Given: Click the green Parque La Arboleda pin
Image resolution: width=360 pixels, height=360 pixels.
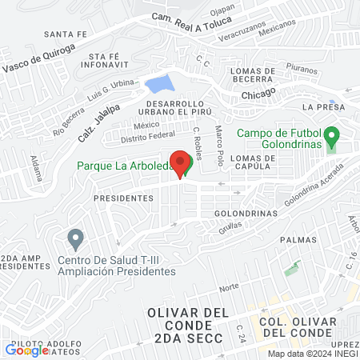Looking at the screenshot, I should [x=186, y=167].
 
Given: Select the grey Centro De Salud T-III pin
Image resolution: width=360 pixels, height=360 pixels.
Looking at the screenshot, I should [x=76, y=238].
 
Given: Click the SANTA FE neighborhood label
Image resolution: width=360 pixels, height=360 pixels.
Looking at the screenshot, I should [x=66, y=34].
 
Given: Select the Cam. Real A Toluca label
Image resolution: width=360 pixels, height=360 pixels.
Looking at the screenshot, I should [x=186, y=21].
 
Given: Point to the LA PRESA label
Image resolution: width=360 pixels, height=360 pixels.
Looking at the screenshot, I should [x=323, y=106].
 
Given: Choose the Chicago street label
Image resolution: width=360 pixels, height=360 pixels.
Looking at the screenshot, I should [x=258, y=93].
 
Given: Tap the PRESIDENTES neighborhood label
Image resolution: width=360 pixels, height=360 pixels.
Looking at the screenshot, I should [x=122, y=197].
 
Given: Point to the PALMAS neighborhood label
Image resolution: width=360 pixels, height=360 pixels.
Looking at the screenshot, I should [x=296, y=238].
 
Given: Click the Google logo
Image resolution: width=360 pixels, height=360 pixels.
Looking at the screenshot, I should [x=26, y=350].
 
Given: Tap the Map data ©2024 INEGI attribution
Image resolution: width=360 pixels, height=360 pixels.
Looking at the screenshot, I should [x=312, y=354].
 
